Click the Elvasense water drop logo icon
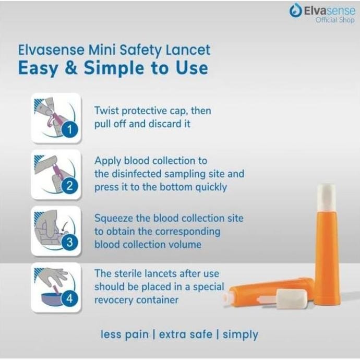[x=295, y=11]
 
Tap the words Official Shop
[x=334, y=20]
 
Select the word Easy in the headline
[x=39, y=68]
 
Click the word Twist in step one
[x=107, y=111]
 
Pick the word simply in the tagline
[x=240, y=334]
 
